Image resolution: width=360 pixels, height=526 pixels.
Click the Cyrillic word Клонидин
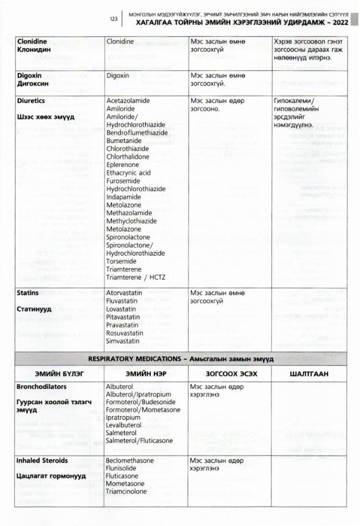pos(34,50)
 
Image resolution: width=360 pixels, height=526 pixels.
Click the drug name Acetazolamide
pos(128,100)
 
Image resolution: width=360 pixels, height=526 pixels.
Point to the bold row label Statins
pos(29,293)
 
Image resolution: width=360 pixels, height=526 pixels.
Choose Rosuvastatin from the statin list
pos(126,333)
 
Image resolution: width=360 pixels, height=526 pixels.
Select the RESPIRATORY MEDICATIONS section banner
pos(181,358)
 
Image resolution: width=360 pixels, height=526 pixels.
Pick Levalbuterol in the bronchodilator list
pos(126,426)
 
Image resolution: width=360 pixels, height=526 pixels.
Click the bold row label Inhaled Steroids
pos(43,460)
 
